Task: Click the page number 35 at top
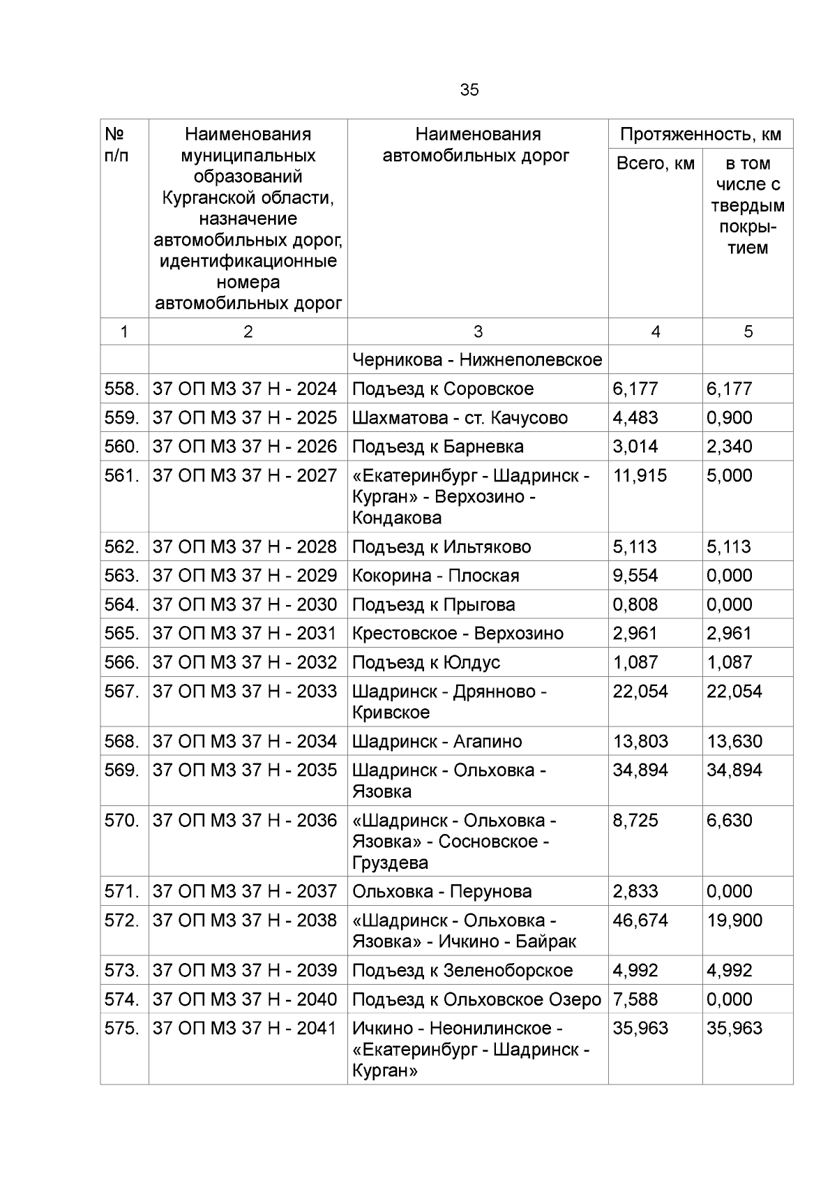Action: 469,90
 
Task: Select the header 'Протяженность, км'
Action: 700,134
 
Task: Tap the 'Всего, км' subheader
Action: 655,163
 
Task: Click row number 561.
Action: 122,475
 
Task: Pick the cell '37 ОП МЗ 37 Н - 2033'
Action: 245,691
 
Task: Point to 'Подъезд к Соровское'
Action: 443,389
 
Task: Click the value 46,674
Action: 640,920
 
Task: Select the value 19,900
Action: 734,920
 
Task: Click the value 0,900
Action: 729,417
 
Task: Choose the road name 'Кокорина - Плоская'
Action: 435,575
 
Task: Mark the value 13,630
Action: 734,741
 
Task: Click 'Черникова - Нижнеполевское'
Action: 477,359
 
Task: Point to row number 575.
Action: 122,1028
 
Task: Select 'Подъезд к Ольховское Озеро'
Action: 476,999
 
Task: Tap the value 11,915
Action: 640,475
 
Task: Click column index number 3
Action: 477,331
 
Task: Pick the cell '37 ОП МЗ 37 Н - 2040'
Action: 245,999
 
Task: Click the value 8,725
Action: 635,820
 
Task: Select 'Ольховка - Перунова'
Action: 442,891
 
